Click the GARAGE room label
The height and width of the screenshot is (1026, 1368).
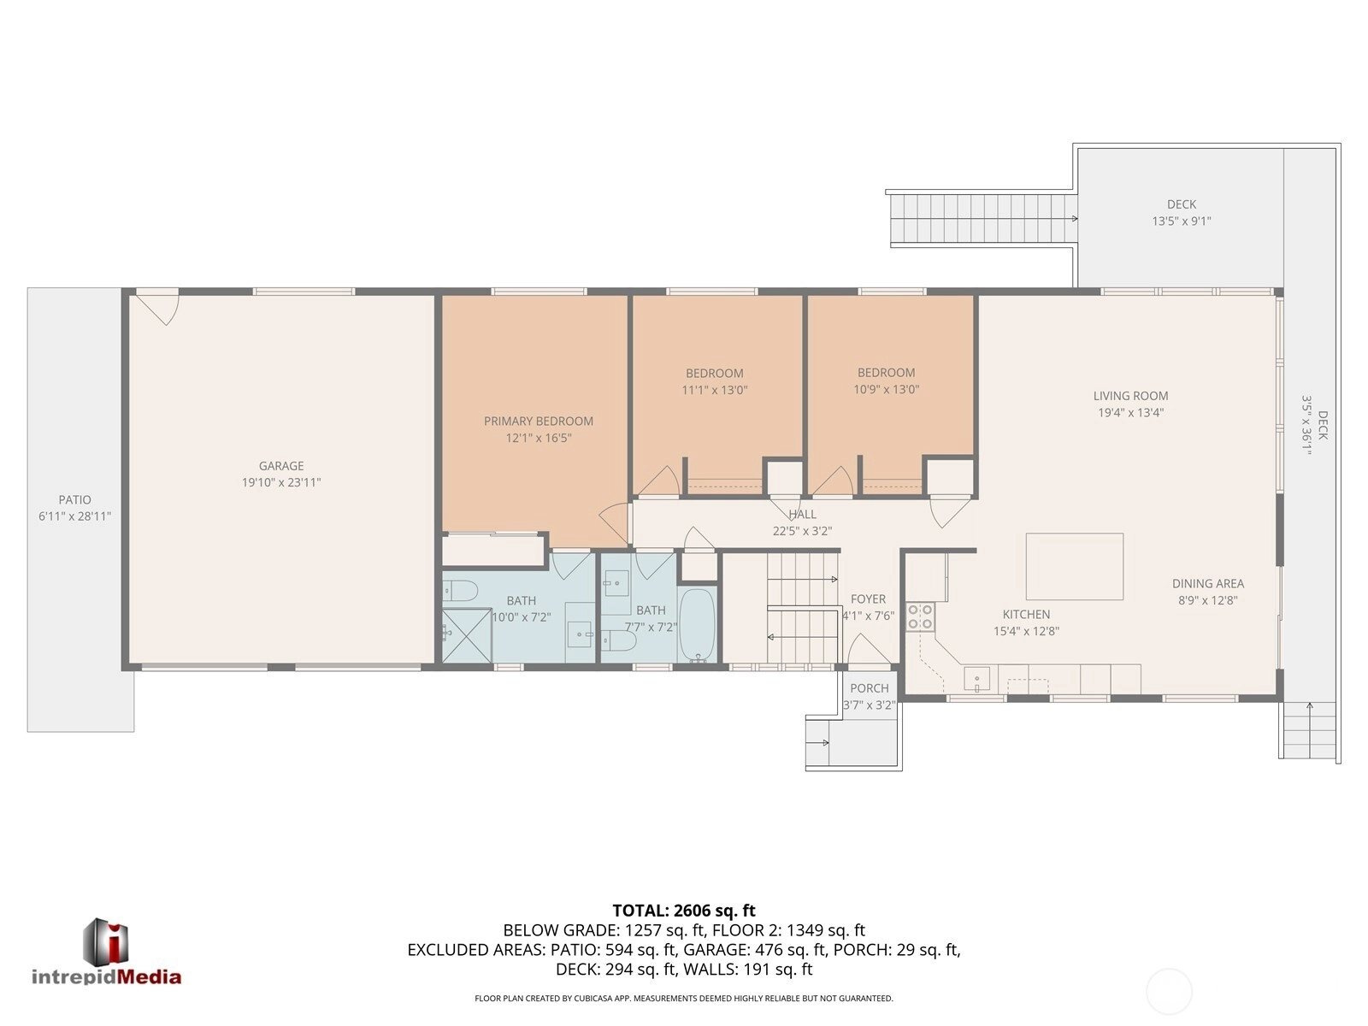pyautogui.click(x=281, y=465)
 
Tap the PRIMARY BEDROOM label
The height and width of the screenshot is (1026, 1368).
pyautogui.click(x=539, y=422)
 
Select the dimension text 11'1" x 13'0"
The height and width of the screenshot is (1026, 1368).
pyautogui.click(x=714, y=390)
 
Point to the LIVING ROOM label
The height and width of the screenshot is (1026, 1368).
pyautogui.click(x=1130, y=396)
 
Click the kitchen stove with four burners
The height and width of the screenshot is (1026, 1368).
pyautogui.click(x=920, y=616)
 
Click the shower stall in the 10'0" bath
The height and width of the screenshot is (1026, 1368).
pyautogui.click(x=467, y=635)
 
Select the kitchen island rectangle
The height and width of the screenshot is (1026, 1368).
pyautogui.click(x=1075, y=566)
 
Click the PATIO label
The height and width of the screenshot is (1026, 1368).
pyautogui.click(x=74, y=499)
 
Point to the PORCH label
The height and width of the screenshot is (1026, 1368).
pyautogui.click(x=870, y=688)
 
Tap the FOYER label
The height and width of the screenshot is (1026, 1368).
pyautogui.click(x=868, y=598)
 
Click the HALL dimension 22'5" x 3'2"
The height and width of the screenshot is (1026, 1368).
pyautogui.click(x=802, y=531)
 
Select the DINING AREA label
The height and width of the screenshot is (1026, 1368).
pyautogui.click(x=1208, y=584)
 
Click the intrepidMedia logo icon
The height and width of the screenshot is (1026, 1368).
pyautogui.click(x=106, y=942)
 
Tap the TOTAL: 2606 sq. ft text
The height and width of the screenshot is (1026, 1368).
pyautogui.click(x=684, y=911)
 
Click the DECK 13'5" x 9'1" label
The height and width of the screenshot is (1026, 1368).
pyautogui.click(x=1182, y=212)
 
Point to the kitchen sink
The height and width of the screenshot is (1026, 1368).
pyautogui.click(x=976, y=678)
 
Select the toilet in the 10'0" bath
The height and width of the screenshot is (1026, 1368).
pyautogui.click(x=460, y=591)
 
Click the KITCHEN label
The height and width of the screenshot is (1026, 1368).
pyautogui.click(x=1027, y=614)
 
